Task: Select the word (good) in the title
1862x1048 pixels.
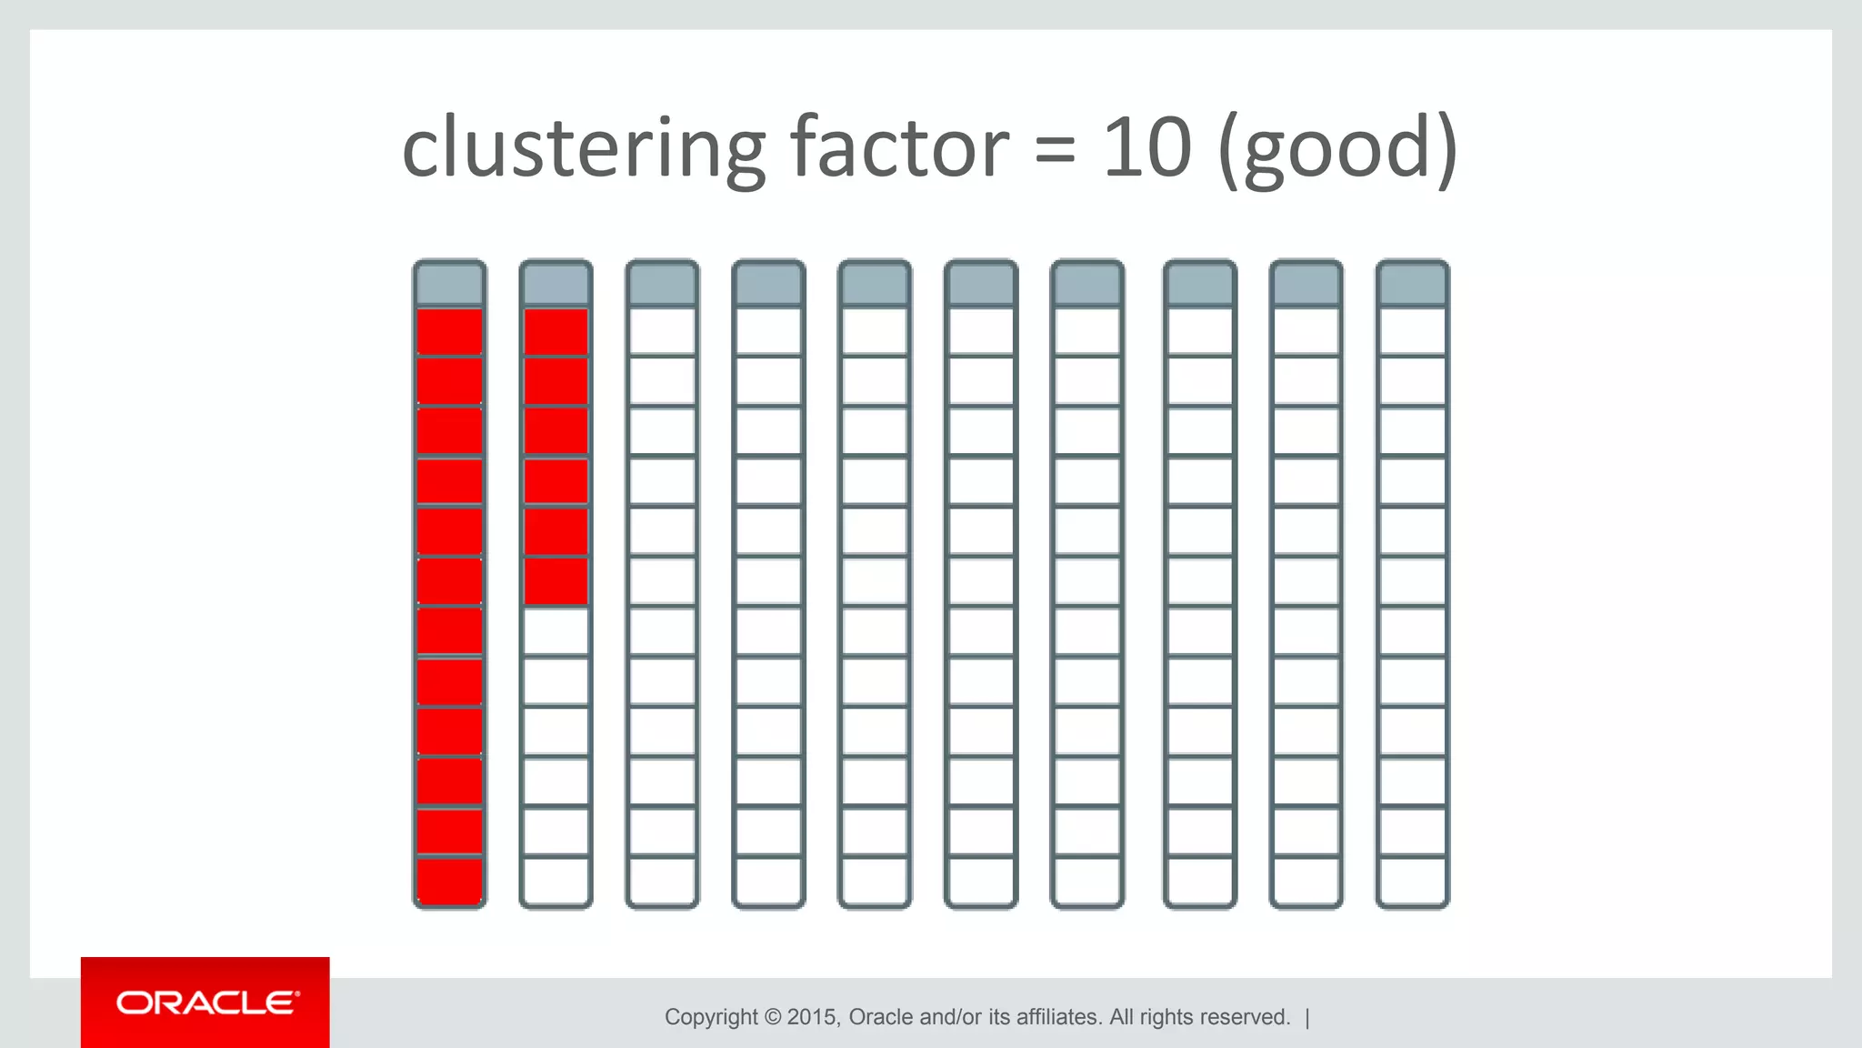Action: coord(1337,149)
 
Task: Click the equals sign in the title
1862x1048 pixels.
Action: coord(1055,151)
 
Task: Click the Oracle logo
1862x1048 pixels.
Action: coord(205,1003)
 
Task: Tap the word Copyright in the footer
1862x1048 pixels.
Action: coord(710,1017)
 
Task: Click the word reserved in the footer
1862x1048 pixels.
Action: coord(1245,1017)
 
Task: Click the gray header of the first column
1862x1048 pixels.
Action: coord(449,284)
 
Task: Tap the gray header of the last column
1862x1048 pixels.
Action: coord(1412,284)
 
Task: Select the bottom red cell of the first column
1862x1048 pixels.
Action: coord(449,881)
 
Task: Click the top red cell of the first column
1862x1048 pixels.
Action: coord(449,332)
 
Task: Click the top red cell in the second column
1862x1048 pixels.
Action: coord(556,332)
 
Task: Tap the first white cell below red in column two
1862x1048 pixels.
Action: coord(556,631)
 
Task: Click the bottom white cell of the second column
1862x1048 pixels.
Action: coord(556,881)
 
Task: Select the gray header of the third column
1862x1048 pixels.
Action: coord(662,284)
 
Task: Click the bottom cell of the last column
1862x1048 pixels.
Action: coord(1412,881)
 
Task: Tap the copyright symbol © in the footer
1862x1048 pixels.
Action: coord(773,1017)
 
